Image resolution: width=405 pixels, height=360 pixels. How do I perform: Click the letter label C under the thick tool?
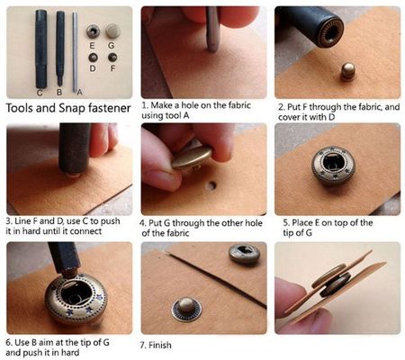[40, 93]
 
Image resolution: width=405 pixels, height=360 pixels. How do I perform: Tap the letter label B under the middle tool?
[59, 92]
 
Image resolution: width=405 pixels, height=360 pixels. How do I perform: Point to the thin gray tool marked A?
[75, 52]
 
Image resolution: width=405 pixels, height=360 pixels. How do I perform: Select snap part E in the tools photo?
[93, 31]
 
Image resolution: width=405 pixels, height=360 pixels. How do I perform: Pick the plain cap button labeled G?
[113, 31]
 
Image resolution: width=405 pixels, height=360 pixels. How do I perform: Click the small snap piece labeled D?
[93, 58]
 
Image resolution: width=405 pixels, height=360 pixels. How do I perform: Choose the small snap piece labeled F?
[112, 58]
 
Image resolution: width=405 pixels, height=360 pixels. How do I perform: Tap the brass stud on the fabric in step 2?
[347, 71]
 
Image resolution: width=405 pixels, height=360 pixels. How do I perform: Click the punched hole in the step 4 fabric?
[212, 185]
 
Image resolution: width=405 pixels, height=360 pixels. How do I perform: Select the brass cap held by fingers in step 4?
[192, 157]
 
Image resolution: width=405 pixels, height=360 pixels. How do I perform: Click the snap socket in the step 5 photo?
[333, 165]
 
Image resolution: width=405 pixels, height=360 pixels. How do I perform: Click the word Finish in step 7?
[160, 345]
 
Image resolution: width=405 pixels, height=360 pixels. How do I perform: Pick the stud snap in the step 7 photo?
[186, 310]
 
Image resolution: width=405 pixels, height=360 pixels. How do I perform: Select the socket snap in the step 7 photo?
[245, 253]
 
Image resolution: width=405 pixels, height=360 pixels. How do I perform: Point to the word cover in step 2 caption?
[289, 117]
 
